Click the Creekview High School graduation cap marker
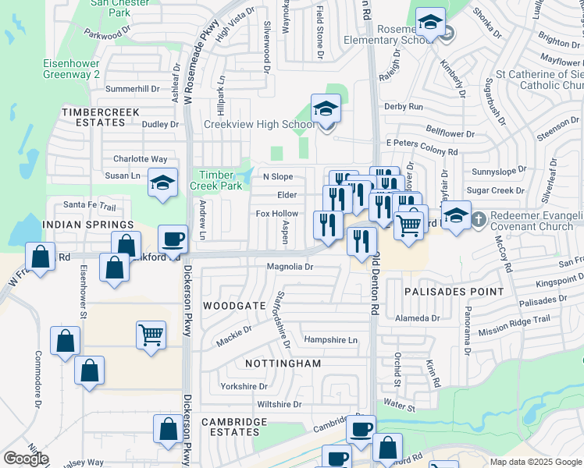point(326,109)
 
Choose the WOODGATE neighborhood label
point(235,307)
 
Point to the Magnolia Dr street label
point(289,266)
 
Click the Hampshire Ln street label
point(330,339)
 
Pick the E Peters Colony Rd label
point(421,151)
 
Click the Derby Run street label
point(403,106)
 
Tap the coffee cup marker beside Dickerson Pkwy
point(173,239)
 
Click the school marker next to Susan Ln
point(162,184)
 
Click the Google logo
point(25,459)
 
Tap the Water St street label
point(399,406)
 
